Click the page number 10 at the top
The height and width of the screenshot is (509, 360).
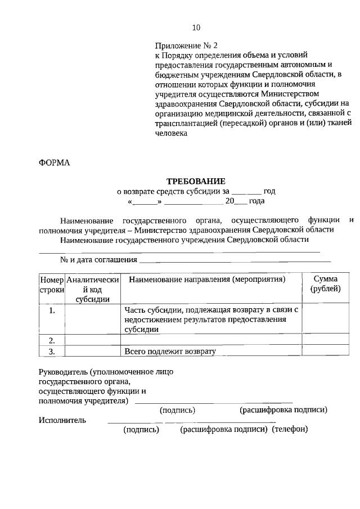point(196,28)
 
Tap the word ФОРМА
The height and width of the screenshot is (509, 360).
point(55,163)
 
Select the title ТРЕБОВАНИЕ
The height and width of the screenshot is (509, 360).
point(195,181)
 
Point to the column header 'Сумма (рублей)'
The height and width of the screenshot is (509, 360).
point(325,284)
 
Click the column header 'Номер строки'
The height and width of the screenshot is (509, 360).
point(51,284)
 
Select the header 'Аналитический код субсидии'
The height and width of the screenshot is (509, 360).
point(92,289)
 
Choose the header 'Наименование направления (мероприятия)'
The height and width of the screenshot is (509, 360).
point(207,280)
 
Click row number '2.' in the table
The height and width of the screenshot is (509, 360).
point(51,340)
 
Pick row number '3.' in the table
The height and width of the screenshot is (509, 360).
point(51,352)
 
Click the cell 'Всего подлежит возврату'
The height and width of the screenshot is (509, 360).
point(170,352)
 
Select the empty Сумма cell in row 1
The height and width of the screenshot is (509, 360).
point(325,319)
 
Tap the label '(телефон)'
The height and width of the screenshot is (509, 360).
point(290,430)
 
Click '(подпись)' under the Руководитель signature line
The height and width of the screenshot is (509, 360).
point(178,410)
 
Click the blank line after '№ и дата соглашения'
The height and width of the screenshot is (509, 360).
point(235,260)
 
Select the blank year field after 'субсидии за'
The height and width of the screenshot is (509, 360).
point(246,191)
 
